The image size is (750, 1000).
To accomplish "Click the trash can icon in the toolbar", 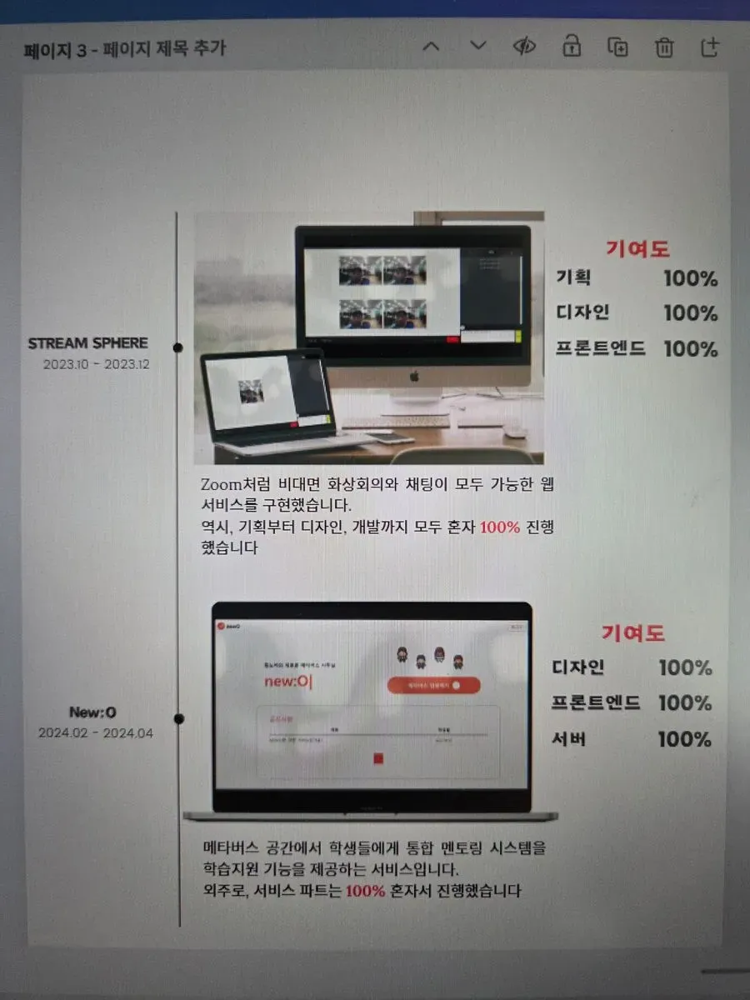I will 664,47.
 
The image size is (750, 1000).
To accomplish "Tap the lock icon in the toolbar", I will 572,47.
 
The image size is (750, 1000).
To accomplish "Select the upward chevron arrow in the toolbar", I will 431,47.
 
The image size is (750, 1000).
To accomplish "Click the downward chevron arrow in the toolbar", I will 477,46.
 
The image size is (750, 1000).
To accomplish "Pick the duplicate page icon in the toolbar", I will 617,47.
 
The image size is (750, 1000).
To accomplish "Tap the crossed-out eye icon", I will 523,47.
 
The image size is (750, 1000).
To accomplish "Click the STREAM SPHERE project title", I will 87,343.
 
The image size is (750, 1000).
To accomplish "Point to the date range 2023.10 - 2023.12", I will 96,364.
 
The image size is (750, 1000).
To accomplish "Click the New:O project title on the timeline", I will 92,712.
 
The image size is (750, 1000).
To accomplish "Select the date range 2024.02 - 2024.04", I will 95,733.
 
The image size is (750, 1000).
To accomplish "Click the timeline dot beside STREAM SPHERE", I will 177,347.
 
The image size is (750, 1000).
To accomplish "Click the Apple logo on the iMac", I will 412,376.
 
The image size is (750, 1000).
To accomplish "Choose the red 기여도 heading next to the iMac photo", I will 637,248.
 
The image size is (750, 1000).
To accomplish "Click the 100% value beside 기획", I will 690,279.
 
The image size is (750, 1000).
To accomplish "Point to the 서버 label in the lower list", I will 569,739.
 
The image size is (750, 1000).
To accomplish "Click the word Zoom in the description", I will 220,484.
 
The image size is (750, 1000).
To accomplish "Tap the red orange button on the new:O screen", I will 433,685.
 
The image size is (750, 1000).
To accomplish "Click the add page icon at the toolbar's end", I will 710,47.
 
